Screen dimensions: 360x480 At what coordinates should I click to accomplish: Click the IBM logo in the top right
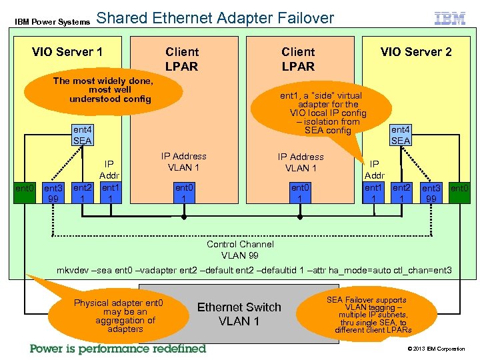450,19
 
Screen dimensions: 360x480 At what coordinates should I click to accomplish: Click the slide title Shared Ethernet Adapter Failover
215,18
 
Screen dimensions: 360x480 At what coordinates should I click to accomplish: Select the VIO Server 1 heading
67,52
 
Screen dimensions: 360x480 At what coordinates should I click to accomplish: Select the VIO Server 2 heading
416,52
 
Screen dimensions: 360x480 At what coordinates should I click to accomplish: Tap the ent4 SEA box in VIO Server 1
82,135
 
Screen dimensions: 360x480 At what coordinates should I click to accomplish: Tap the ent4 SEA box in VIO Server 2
401,135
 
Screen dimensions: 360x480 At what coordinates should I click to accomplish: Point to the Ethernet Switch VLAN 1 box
239,314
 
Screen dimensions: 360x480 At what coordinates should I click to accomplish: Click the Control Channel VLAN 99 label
239,249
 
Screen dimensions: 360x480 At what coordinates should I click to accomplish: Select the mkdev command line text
254,270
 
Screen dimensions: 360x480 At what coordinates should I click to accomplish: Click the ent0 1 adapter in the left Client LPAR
183,193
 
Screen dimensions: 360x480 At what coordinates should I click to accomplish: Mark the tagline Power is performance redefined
118,349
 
